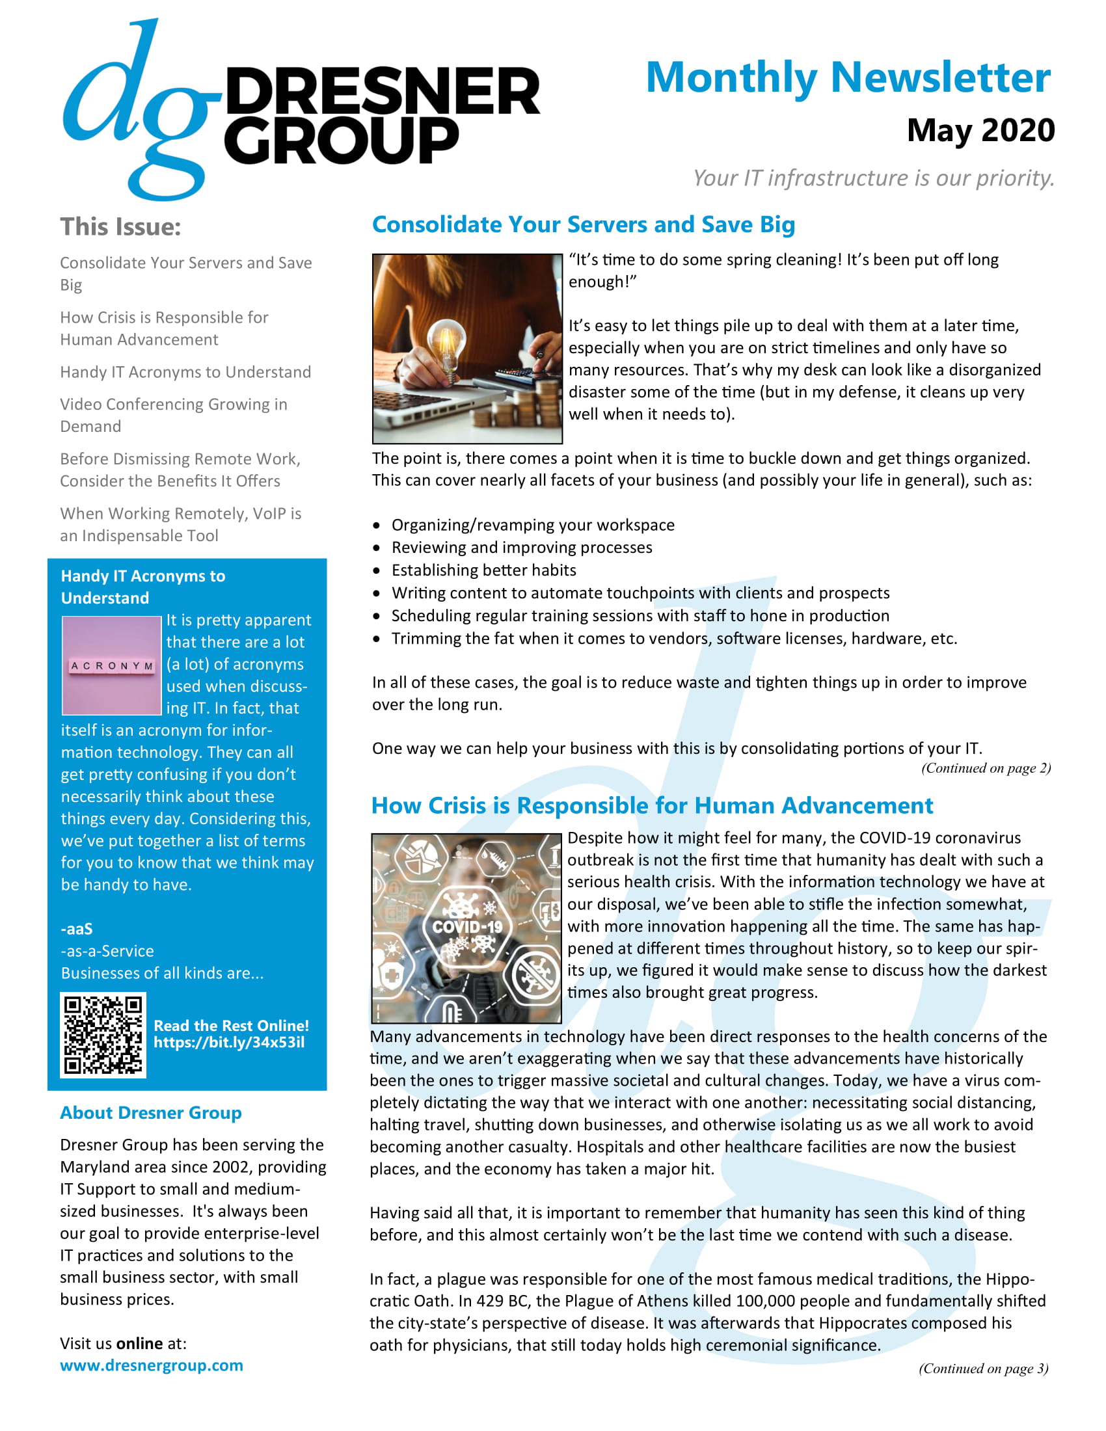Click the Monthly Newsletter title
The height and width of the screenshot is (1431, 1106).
[x=848, y=78]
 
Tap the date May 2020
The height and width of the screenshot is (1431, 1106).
[x=980, y=130]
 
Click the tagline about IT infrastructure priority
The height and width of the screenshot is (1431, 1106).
[x=873, y=178]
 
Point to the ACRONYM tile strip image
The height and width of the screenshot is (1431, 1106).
[x=111, y=665]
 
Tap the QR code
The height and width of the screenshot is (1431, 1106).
[x=103, y=1035]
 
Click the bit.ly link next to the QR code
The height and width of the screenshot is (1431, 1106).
[x=228, y=1043]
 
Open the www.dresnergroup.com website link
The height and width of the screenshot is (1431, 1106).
[x=152, y=1366]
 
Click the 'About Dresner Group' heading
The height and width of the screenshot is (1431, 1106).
[x=151, y=1113]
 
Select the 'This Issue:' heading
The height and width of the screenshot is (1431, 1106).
[x=120, y=227]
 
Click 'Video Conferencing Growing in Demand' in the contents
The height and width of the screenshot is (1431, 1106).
[x=173, y=416]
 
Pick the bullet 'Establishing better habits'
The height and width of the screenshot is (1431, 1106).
[x=483, y=570]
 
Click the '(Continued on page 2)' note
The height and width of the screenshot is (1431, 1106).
[x=986, y=768]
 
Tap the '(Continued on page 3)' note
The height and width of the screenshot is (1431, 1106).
[x=983, y=1369]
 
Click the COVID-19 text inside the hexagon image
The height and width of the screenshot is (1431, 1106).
[x=467, y=926]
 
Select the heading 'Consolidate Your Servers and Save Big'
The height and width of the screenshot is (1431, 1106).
[x=583, y=225]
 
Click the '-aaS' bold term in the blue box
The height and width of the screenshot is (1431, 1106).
[x=77, y=929]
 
